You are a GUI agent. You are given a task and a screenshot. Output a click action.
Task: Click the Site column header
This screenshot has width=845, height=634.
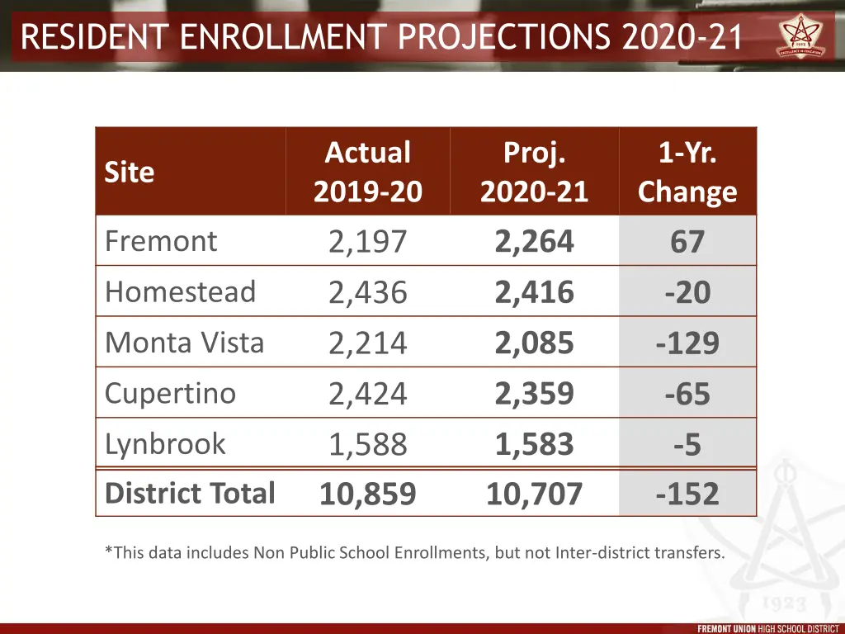tap(130, 172)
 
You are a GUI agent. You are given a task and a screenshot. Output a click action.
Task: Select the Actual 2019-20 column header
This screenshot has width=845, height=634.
tap(367, 172)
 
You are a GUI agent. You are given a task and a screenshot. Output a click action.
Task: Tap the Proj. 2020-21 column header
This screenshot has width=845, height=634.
tap(534, 172)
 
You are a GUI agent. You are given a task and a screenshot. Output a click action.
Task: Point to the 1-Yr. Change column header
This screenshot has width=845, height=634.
tap(687, 172)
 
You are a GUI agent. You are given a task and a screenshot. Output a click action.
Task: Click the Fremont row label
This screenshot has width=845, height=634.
tap(161, 241)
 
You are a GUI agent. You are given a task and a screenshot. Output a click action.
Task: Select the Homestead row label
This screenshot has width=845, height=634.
tap(180, 291)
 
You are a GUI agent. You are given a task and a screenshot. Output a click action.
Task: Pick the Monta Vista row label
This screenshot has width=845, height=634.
tap(184, 342)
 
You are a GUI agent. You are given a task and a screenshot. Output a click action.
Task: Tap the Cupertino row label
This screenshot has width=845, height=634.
tap(170, 393)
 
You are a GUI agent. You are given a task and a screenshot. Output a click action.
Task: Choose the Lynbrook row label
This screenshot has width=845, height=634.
tap(165, 443)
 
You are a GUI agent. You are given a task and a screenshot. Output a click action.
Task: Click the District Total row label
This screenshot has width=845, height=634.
tap(190, 493)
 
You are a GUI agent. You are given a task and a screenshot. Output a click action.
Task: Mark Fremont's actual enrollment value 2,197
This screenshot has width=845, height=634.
tap(367, 242)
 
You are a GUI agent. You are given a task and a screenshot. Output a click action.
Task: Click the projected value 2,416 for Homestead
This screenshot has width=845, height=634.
tap(534, 292)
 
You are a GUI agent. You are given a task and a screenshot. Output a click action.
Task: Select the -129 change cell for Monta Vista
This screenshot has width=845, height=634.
tap(687, 343)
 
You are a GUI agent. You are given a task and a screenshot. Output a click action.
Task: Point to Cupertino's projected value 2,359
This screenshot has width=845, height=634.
tap(534, 394)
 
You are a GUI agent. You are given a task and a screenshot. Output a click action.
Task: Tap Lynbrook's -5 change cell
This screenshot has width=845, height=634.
tap(687, 445)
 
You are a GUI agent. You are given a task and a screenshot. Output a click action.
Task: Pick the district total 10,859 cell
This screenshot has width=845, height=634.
tap(367, 494)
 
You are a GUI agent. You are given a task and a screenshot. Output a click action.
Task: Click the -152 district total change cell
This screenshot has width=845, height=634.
tap(687, 494)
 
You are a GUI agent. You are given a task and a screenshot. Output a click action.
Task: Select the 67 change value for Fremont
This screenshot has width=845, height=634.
tap(687, 242)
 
